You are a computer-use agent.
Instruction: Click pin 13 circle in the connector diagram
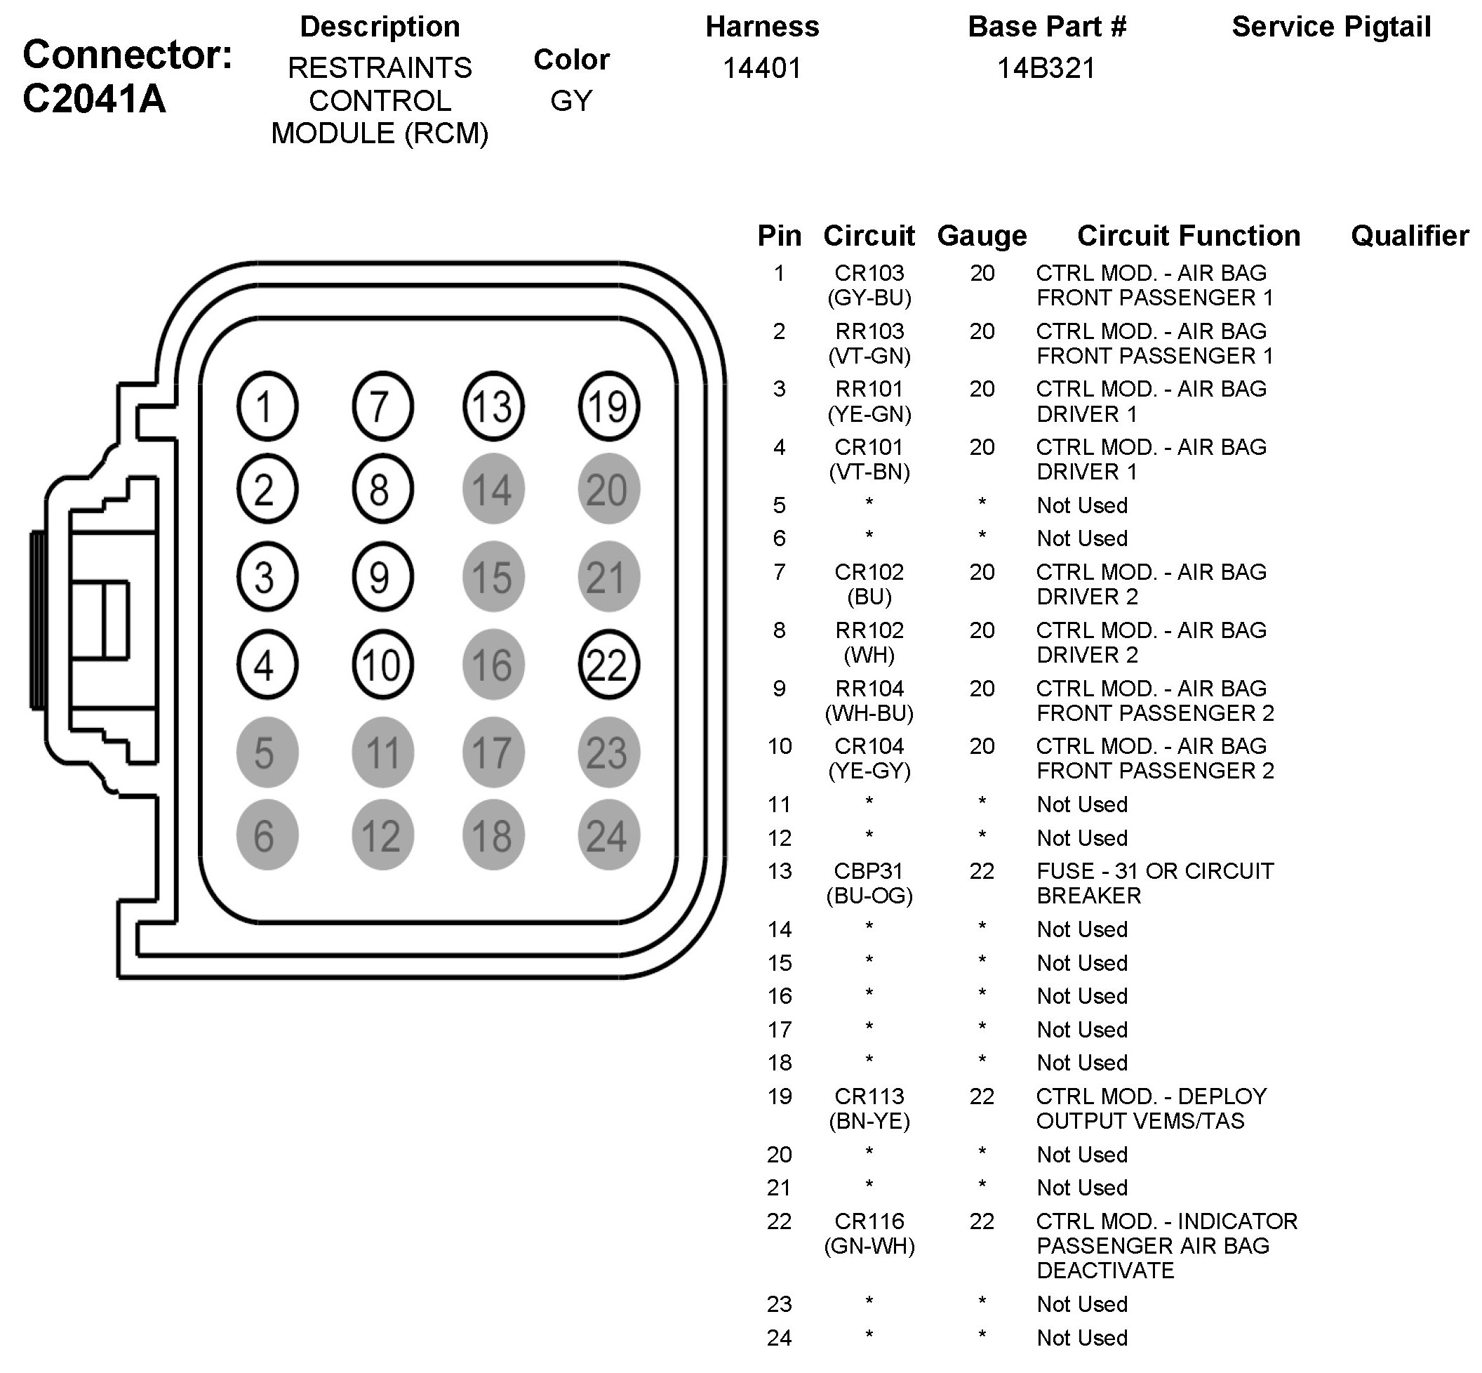tap(493, 406)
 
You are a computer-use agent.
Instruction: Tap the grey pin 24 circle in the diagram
tap(608, 835)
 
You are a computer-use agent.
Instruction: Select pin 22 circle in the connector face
tap(608, 664)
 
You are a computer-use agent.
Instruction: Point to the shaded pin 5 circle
tap(267, 752)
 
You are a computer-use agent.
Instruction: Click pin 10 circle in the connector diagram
tap(382, 664)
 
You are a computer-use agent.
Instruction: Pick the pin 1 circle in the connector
tap(267, 406)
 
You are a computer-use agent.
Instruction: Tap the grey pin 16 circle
tap(493, 664)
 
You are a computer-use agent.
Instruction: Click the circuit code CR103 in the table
tap(869, 274)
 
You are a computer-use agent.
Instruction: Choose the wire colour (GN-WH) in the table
tap(869, 1246)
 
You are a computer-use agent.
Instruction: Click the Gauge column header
tap(981, 236)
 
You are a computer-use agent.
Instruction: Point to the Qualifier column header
tap(1409, 236)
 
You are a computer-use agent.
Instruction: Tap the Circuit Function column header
tap(1189, 236)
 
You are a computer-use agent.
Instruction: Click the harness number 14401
tap(762, 68)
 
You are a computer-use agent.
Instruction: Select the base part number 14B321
tap(1046, 68)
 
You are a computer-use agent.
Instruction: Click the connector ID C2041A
tap(94, 98)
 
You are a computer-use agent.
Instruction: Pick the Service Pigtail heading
tap(1331, 27)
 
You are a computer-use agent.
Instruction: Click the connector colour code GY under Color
tap(571, 100)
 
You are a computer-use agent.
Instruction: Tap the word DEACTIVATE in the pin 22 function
tap(1104, 1271)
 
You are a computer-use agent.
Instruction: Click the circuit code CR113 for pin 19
tap(869, 1096)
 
